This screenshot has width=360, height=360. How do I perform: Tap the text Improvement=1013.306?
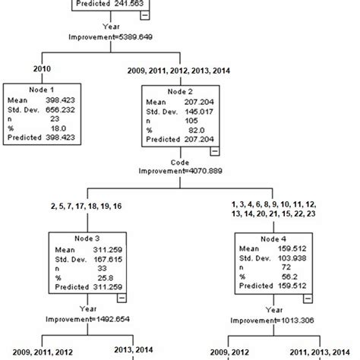(274, 319)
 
